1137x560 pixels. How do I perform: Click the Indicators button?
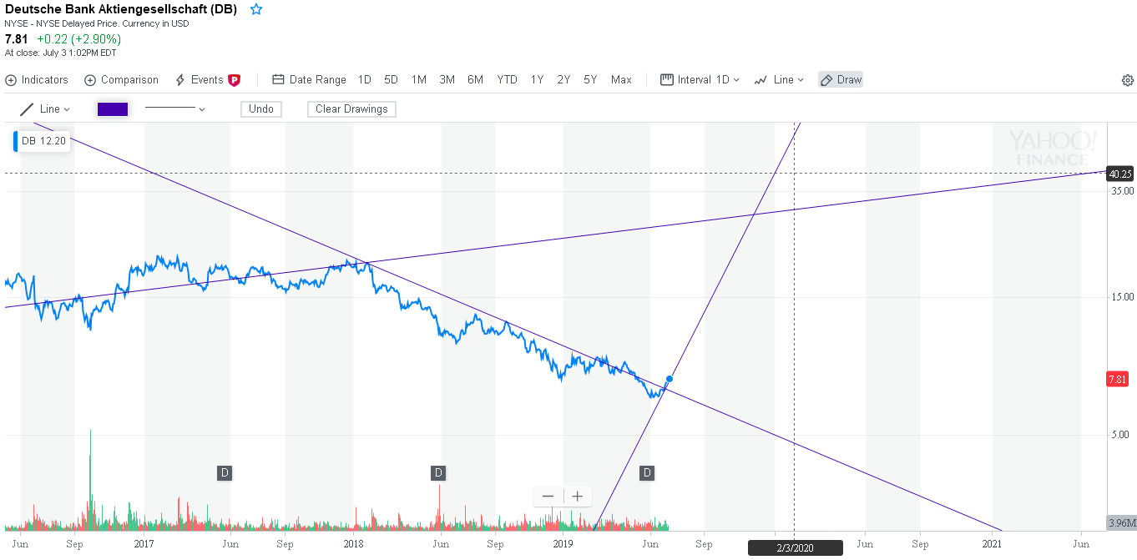pos(37,80)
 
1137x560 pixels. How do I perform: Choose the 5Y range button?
pos(590,80)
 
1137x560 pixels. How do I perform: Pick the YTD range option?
pos(507,80)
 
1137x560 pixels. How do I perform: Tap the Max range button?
pos(621,80)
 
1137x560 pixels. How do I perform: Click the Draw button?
pos(841,80)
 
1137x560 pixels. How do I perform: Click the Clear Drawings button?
pos(351,109)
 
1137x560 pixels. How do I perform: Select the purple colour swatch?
pos(113,109)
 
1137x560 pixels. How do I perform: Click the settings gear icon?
pos(1127,80)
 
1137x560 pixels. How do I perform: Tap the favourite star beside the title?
pos(256,9)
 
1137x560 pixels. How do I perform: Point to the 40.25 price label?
pos(1119,174)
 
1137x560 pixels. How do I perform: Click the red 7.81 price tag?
pos(1117,379)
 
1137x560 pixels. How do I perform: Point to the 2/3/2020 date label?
pos(795,548)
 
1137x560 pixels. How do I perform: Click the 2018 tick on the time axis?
pos(354,544)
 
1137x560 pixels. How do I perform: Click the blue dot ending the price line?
pos(669,379)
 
